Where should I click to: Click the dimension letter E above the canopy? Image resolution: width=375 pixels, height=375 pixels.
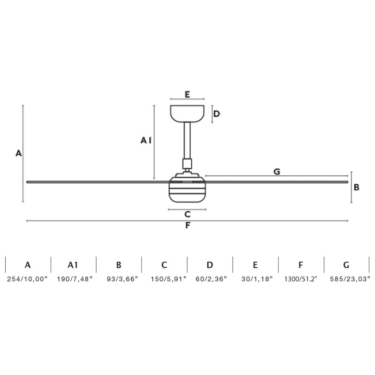click(187, 94)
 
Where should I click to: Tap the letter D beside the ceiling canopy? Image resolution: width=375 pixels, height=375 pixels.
click(217, 114)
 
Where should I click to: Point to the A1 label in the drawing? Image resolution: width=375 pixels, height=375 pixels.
click(146, 140)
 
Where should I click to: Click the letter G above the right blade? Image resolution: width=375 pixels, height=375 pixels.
click(277, 172)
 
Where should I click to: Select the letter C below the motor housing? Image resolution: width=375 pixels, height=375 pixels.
click(187, 214)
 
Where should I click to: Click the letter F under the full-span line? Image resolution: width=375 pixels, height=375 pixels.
click(188, 225)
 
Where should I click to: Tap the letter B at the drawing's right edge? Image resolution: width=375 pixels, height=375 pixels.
click(356, 187)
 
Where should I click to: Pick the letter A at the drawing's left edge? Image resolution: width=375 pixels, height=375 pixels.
click(18, 153)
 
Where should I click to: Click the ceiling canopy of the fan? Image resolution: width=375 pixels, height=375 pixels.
click(187, 113)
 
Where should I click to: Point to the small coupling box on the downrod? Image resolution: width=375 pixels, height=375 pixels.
click(187, 164)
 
